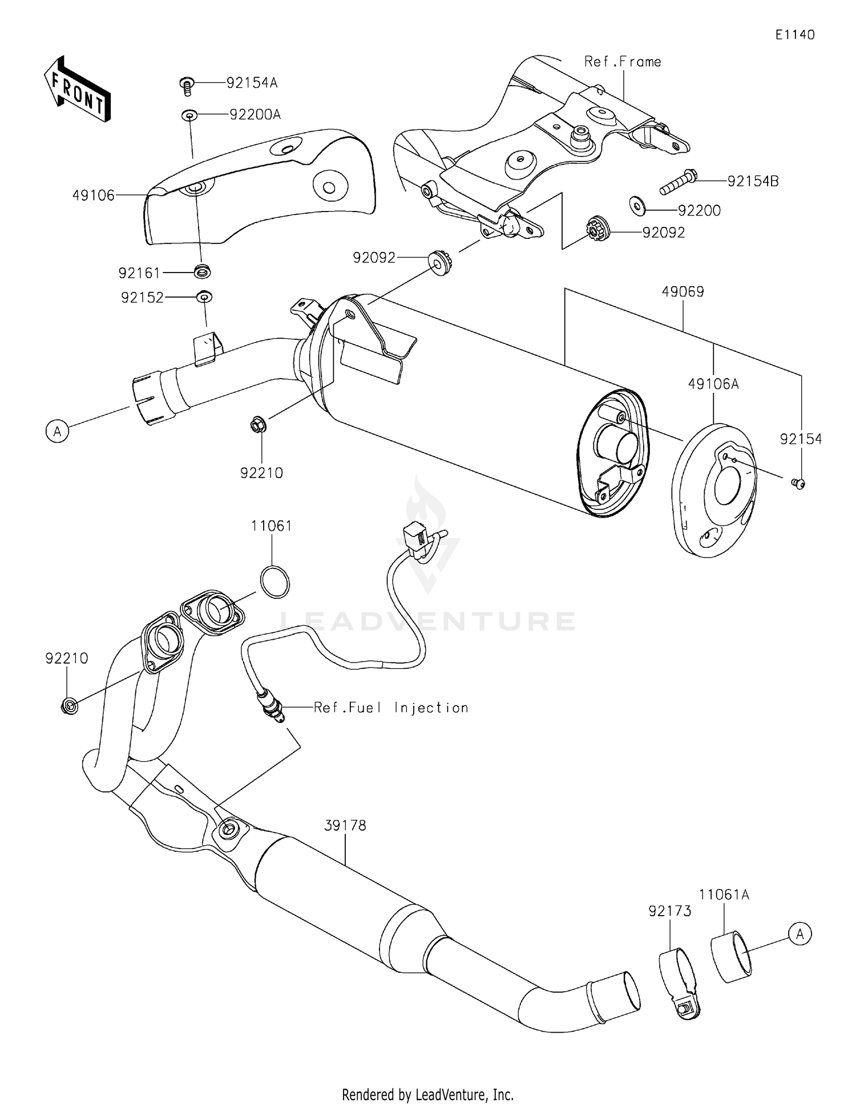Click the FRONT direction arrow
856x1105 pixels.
point(76,90)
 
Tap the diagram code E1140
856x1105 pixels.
point(794,35)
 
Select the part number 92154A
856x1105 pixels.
point(252,83)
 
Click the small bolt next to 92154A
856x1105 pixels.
point(186,86)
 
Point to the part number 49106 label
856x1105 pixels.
point(93,196)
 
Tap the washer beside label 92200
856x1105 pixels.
point(637,206)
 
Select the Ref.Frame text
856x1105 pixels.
point(623,62)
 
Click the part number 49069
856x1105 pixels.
point(683,292)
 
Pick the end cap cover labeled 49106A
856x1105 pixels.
point(715,489)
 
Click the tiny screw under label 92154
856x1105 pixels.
point(799,484)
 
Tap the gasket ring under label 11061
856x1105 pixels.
point(274,583)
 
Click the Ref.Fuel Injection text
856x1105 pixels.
point(391,708)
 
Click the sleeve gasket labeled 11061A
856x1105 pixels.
point(731,956)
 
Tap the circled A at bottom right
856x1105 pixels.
point(800,934)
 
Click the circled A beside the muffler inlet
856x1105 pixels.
point(57,431)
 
